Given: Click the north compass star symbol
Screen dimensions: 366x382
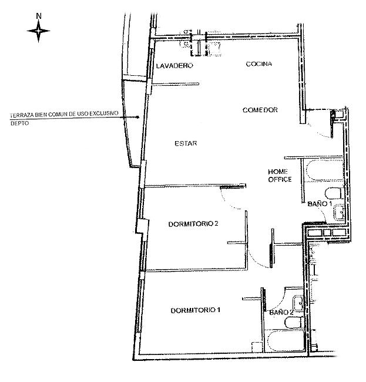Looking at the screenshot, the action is point(38,31).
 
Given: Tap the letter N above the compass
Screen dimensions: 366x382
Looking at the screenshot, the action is point(38,16).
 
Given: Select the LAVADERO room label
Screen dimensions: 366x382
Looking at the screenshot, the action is point(174,66).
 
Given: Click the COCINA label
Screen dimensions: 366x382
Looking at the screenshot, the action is point(259,64).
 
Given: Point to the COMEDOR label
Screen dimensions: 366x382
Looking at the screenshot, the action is point(260,110).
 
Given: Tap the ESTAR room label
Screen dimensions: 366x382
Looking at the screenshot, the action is point(186,143).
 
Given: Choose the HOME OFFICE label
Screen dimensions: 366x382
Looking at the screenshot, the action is point(280,175).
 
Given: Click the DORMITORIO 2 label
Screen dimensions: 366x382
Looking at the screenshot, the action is point(193,224).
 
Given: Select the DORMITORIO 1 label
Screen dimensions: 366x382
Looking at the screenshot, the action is point(196,310).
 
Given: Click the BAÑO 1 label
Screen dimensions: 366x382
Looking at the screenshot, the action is point(320,204).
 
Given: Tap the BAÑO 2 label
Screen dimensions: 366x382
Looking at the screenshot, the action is point(281,312).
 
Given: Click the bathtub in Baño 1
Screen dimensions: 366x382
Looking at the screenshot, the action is point(324,170).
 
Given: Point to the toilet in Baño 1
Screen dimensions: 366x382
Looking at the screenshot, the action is point(334,193).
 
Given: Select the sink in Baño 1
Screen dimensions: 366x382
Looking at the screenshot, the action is point(339,212).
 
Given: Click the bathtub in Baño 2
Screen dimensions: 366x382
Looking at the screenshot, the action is point(286,341).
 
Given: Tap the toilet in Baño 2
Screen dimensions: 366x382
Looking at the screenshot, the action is point(294,323).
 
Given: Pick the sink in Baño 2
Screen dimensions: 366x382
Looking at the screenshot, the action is point(298,303).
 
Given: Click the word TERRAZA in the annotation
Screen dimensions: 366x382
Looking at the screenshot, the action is point(22,115).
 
